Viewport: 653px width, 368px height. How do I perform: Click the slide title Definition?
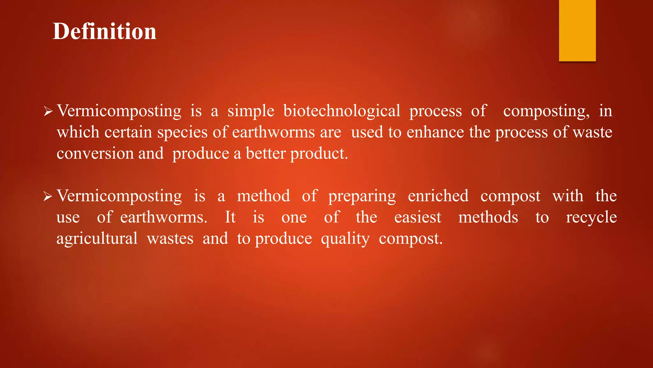coord(104,31)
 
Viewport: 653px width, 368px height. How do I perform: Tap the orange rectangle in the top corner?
coord(577,30)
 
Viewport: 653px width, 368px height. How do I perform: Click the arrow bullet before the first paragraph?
coord(48,111)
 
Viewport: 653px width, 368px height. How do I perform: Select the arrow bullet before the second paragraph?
coord(48,196)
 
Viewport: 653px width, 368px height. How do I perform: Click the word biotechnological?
coord(341,111)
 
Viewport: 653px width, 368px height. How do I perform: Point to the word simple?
coord(251,111)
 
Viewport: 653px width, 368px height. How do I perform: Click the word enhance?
coord(435,132)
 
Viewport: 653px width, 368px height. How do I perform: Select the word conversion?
coord(95,153)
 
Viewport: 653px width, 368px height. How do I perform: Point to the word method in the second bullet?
coord(263,196)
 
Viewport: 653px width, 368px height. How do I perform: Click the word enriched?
coord(438,196)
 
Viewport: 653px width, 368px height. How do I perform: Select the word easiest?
coord(418,217)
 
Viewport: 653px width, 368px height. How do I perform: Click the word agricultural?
coord(97,239)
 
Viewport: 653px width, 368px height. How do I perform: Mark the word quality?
coord(345,239)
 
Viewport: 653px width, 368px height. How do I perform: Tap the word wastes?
coord(170,239)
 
